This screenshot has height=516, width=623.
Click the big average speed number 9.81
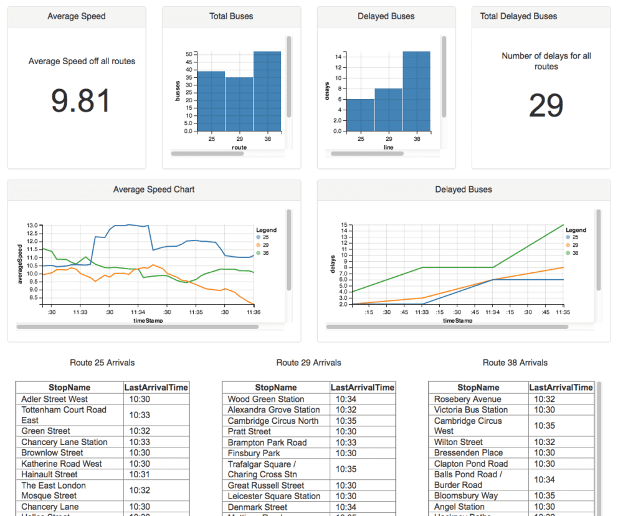tap(81, 101)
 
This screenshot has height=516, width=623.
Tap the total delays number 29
tap(546, 105)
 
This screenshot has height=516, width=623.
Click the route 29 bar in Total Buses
tap(239, 104)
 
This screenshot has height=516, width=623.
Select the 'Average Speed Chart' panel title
tap(154, 189)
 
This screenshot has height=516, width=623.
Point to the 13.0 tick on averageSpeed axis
tap(32, 225)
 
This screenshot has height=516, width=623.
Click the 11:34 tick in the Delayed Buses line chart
tap(492, 312)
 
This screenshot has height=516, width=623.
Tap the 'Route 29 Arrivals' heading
tap(308, 363)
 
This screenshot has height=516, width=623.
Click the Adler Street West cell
tap(55, 399)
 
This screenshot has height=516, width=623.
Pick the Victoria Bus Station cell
tap(471, 409)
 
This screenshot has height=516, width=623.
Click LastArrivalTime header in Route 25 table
tap(156, 388)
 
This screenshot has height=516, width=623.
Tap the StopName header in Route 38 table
tap(478, 388)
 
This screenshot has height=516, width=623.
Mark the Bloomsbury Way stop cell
tap(466, 496)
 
